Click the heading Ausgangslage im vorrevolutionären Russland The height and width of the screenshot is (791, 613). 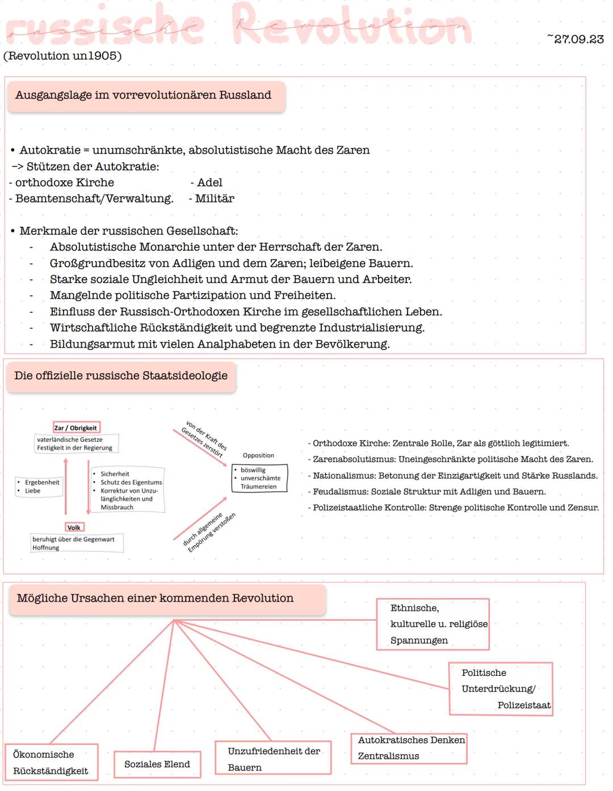143,95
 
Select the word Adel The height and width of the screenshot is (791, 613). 209,183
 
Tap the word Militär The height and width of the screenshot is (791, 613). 214,198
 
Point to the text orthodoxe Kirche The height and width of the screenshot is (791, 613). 64,183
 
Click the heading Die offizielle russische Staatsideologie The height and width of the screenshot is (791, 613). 121,376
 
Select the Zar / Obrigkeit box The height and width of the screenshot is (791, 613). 75,428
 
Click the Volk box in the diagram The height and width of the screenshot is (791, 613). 74,527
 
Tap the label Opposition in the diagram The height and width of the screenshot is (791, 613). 258,455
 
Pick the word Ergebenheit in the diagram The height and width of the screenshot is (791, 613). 42,483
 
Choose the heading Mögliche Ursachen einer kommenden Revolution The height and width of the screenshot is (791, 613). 155,598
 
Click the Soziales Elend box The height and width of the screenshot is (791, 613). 157,764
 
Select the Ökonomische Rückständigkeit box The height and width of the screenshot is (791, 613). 51,762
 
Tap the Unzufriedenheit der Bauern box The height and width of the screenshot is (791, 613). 273,759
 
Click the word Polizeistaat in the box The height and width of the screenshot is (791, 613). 524,705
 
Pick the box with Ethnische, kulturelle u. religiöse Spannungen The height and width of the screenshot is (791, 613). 433,624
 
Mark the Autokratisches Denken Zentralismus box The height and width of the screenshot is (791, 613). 409,748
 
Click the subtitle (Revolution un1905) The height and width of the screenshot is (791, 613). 62,56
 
